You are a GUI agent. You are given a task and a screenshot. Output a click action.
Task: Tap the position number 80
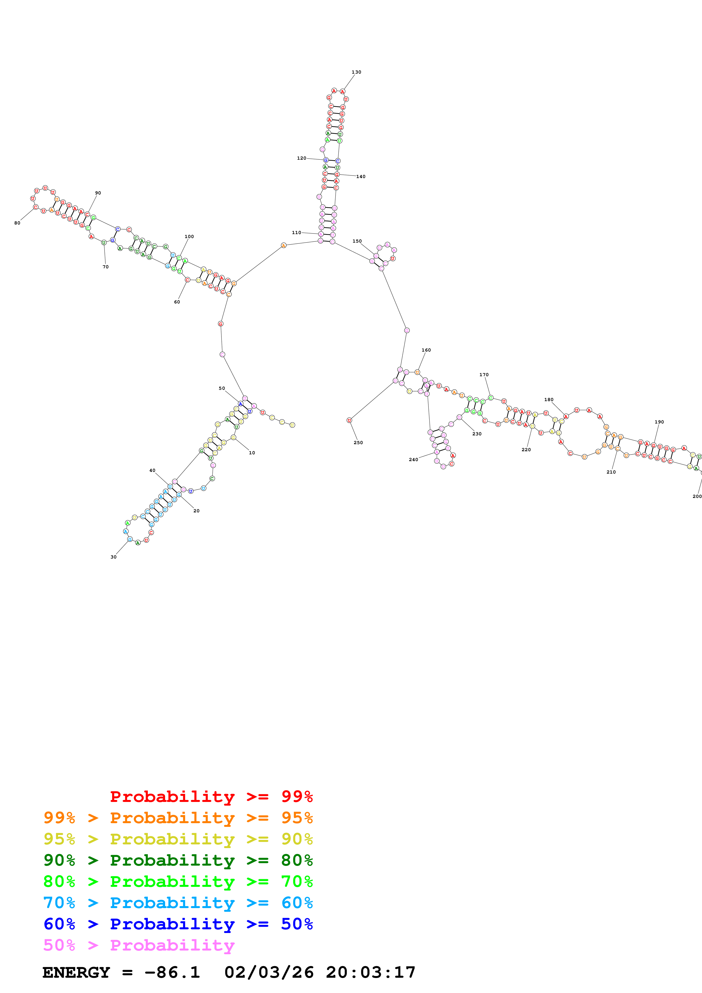[17, 223]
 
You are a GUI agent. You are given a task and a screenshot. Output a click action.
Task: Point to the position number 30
[113, 557]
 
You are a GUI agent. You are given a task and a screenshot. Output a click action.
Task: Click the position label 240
[413, 460]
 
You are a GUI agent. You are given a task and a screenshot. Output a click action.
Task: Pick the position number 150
[357, 241]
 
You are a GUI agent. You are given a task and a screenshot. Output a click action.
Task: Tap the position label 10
[252, 453]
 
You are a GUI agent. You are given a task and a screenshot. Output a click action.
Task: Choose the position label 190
[659, 422]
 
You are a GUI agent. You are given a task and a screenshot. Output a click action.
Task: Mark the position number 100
[189, 237]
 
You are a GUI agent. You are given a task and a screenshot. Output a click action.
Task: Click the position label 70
[106, 267]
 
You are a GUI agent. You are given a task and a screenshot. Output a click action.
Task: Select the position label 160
[426, 350]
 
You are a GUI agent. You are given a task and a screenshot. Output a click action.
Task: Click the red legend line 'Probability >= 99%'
[211, 797]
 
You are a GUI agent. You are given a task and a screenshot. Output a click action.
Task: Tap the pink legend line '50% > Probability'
[139, 945]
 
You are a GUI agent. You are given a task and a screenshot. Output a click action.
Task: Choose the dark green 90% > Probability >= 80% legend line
[178, 860]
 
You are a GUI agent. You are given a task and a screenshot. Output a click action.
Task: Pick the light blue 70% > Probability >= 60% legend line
[178, 903]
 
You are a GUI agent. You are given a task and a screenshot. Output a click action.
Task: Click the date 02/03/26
[269, 973]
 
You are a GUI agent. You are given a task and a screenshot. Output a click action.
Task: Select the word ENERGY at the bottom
[76, 973]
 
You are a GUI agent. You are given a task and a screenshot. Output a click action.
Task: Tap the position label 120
[302, 158]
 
